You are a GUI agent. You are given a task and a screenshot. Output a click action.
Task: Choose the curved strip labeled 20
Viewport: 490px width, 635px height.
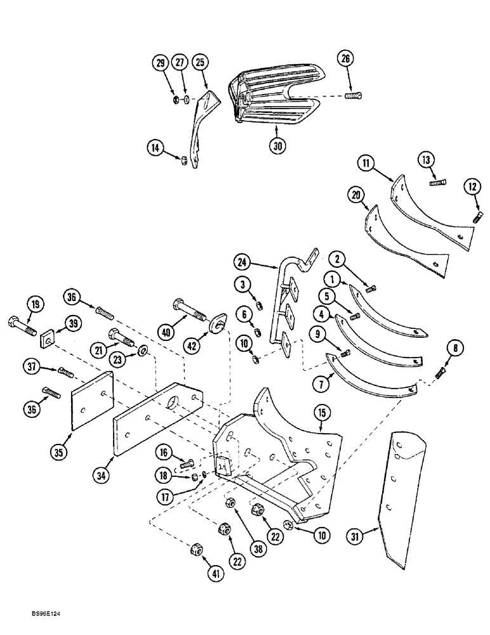(406, 243)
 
